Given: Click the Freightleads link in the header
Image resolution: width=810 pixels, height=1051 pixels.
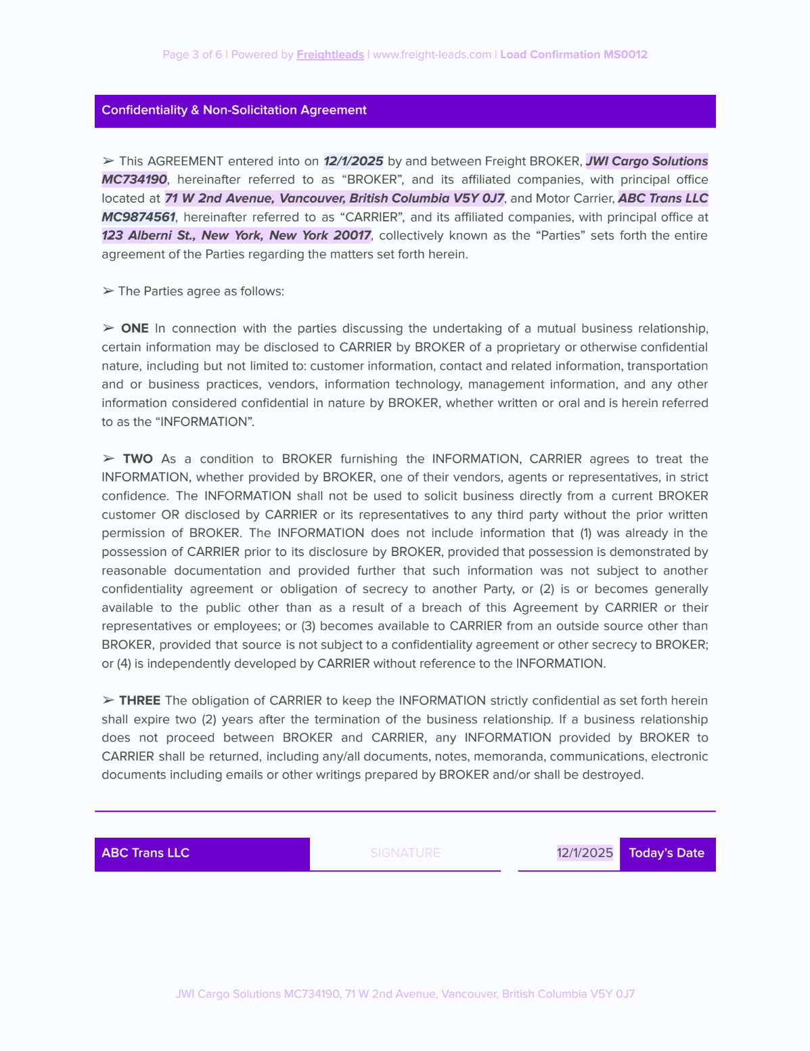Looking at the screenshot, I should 330,55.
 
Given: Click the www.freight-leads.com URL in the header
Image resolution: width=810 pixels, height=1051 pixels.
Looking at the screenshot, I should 432,55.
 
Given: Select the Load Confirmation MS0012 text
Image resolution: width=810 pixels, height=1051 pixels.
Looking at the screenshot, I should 574,55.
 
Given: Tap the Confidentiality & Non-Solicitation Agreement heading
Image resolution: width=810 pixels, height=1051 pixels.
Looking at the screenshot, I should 234,110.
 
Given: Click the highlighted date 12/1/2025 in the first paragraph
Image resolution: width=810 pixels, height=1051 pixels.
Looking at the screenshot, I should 353,161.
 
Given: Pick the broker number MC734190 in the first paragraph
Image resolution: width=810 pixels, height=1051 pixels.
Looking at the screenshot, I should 134,179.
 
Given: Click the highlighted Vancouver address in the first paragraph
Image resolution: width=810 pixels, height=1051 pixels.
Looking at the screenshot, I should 334,198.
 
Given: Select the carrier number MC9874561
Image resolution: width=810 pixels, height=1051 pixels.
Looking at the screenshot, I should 139,217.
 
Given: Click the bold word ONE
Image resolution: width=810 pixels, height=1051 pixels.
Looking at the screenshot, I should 135,328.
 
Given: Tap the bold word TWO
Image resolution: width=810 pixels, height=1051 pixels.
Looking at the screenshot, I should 137,459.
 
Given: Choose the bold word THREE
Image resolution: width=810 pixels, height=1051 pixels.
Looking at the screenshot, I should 139,701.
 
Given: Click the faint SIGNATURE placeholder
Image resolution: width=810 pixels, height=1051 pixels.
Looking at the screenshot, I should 405,853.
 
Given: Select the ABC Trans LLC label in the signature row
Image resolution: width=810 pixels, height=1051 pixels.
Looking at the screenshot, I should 145,853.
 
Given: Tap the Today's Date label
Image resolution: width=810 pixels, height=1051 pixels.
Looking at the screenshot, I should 667,853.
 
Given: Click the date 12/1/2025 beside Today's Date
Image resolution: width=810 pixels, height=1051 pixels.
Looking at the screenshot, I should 585,853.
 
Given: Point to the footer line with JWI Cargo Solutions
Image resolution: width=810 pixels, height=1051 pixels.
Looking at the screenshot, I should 405,994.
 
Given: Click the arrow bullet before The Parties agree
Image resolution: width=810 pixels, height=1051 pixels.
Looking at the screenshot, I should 108,291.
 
